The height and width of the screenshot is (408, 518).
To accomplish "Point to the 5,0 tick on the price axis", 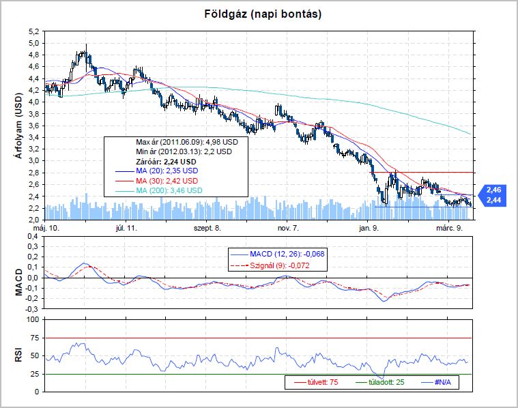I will pos(32,43).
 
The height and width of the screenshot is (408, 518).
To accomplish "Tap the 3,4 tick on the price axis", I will pos(32,137).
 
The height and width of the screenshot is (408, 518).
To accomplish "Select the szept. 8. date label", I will pos(207,228).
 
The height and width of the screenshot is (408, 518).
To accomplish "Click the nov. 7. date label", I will pos(287,228).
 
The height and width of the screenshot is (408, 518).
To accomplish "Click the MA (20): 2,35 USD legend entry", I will pos(167,171).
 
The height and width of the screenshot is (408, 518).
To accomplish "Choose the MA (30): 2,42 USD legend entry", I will pos(167,181).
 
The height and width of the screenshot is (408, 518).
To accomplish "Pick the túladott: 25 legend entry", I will pos(382,382).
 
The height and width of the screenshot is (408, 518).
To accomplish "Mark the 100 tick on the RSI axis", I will pos(31,319).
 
